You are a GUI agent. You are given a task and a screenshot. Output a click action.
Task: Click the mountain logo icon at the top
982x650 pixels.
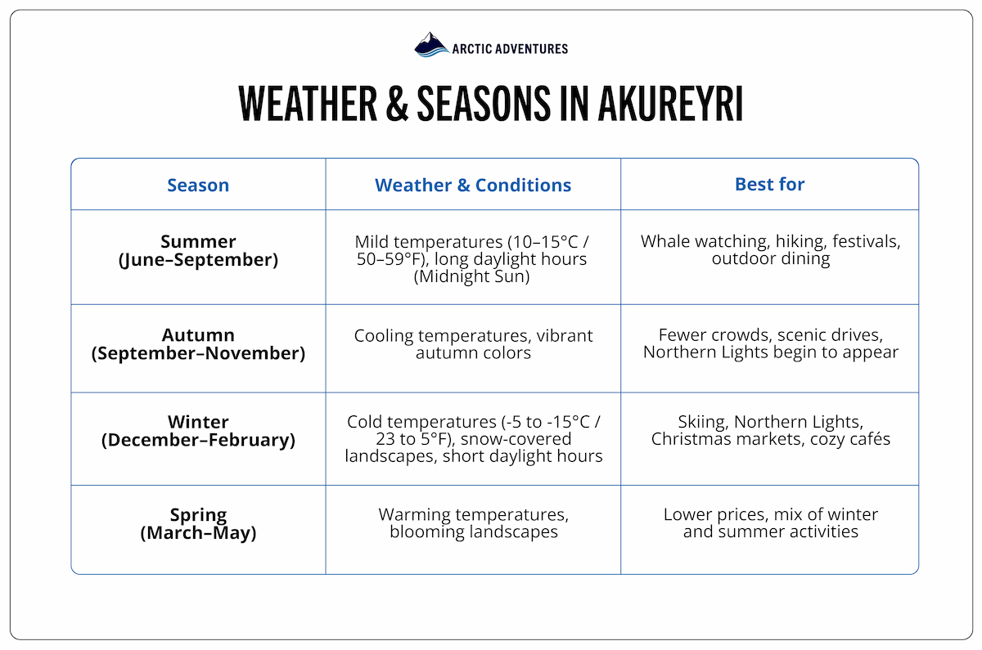[x=431, y=45]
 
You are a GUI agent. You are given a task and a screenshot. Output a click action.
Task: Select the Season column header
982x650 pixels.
[x=198, y=185]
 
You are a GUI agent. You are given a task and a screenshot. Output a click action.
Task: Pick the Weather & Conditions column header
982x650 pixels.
[x=473, y=185]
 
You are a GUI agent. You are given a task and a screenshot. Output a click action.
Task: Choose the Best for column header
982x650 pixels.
[x=769, y=184]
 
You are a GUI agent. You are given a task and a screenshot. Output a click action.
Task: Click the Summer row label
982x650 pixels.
[x=198, y=242]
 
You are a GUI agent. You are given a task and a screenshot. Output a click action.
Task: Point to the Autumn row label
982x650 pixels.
[x=198, y=335]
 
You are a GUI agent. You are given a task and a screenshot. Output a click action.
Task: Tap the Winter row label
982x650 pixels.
[x=198, y=422]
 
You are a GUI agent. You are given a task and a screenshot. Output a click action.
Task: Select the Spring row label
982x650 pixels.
[x=198, y=515]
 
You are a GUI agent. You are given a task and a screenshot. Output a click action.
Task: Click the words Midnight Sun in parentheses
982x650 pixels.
[x=473, y=276]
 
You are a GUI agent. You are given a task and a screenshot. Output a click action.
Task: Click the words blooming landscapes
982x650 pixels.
[x=473, y=531]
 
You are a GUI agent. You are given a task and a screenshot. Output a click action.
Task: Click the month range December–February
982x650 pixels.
[x=198, y=440]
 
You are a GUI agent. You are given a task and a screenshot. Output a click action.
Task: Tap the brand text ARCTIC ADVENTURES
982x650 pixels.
[x=509, y=48]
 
